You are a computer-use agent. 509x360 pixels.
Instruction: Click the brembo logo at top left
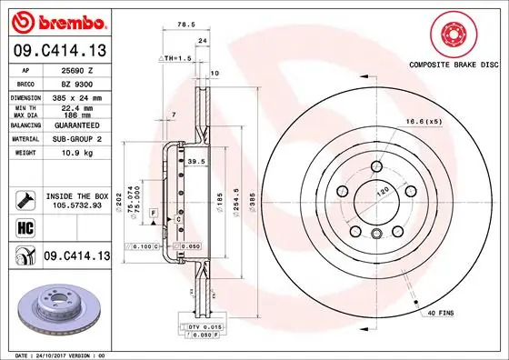(x=56, y=20)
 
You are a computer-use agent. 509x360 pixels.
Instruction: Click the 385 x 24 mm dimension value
(x=76, y=96)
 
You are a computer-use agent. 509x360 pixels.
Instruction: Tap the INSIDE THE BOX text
(x=76, y=196)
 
